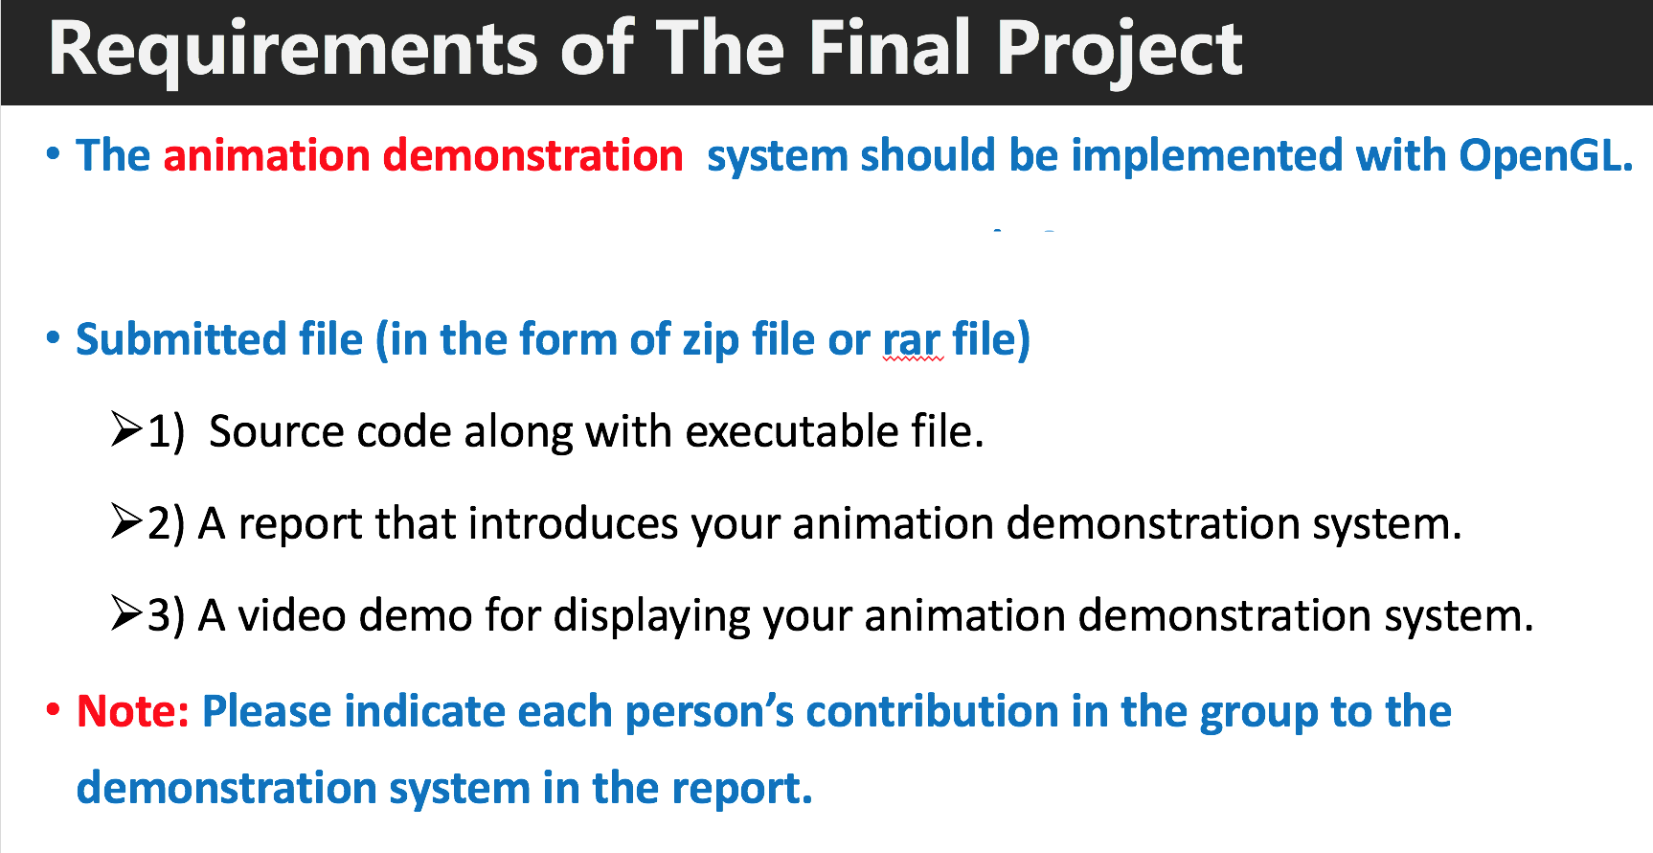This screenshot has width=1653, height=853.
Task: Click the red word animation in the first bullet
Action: (x=266, y=155)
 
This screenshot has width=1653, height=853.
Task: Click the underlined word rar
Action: (x=912, y=340)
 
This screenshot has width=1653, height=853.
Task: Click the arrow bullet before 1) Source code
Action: (x=125, y=428)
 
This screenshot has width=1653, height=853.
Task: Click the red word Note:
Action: (x=133, y=711)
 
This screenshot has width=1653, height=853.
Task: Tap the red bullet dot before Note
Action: (x=54, y=710)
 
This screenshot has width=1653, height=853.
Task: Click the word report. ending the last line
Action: (x=741, y=788)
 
